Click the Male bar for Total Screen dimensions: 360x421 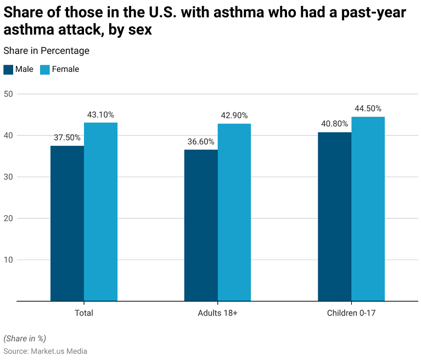(67, 223)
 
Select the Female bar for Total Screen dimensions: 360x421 (100, 212)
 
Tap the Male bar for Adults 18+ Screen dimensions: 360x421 (201, 225)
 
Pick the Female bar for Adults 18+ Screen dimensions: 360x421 (234, 212)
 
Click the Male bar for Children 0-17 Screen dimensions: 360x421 (334, 217)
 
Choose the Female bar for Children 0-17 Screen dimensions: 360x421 (368, 209)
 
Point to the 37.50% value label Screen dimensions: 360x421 (67, 138)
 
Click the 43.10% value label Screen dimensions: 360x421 (100, 115)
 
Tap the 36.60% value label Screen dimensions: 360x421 (201, 142)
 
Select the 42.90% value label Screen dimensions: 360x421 (234, 116)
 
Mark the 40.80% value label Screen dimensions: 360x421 (334, 124)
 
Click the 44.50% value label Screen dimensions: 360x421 (368, 109)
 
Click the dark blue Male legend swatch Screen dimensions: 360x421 (8, 70)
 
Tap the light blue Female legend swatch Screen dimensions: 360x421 (45, 70)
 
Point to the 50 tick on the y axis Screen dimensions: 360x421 (8, 94)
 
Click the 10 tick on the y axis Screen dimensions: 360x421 (8, 260)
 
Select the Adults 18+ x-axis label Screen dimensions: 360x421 (217, 313)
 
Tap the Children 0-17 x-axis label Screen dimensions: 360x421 (351, 313)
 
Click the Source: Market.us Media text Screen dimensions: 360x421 (45, 351)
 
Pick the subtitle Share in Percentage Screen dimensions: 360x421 (46, 51)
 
